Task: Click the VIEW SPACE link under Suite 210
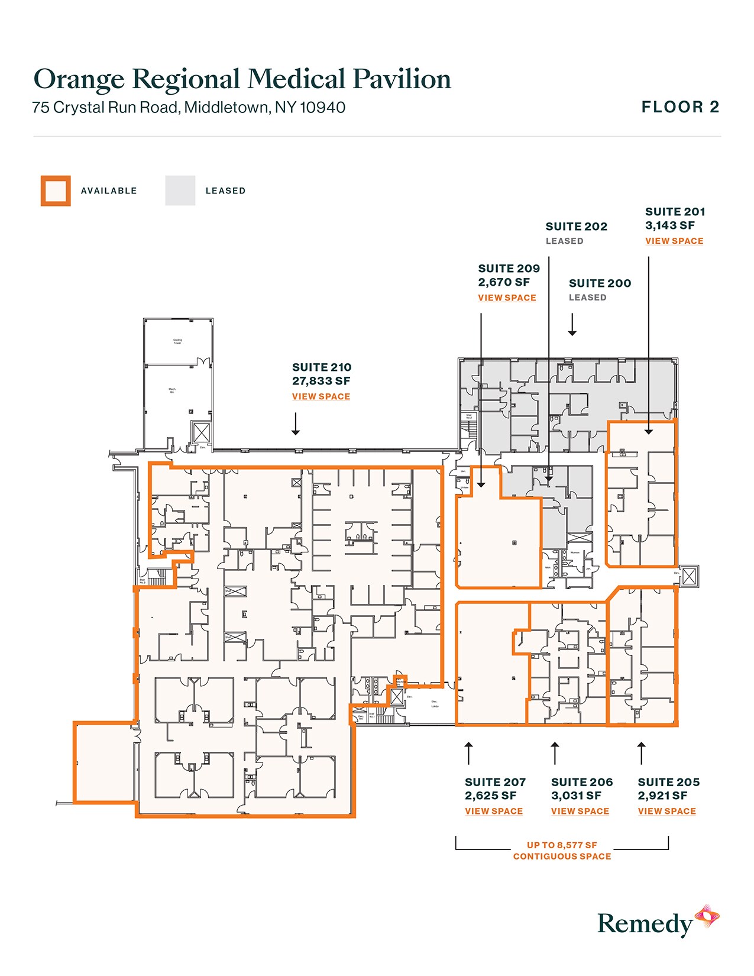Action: [x=321, y=396]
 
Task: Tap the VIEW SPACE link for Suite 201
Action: [x=674, y=241]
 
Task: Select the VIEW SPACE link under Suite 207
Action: [x=493, y=811]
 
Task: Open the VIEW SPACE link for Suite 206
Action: [x=580, y=811]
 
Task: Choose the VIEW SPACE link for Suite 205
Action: [x=666, y=811]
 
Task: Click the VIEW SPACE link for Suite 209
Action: [x=507, y=298]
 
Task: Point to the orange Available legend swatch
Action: [x=56, y=190]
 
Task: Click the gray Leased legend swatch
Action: [x=180, y=190]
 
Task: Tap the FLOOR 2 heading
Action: [x=680, y=107]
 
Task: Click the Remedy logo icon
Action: [x=707, y=917]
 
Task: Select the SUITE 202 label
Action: [x=576, y=227]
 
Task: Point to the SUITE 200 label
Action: [x=600, y=283]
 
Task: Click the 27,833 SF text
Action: [x=321, y=381]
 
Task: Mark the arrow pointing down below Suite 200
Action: [x=572, y=325]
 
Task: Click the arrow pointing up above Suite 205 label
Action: [x=641, y=752]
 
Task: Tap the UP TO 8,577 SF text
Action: [x=562, y=845]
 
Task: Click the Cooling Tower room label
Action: [x=177, y=341]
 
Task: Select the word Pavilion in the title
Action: [x=402, y=79]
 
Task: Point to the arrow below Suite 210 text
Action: [x=296, y=424]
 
